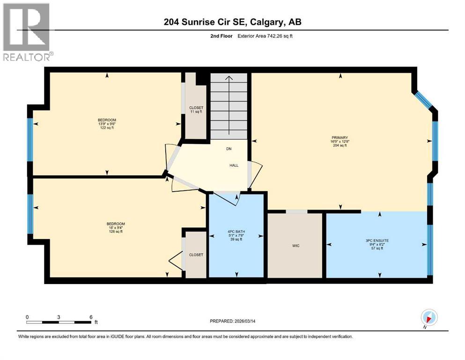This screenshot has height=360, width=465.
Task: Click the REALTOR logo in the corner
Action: click(27, 32)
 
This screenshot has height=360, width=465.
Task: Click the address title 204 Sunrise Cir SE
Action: click(232, 22)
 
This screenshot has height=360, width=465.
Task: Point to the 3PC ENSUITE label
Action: click(377, 244)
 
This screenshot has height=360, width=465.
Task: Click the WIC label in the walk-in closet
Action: click(295, 245)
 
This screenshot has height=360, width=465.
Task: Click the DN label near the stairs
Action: click(229, 149)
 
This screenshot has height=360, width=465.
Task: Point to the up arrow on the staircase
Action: click(229, 81)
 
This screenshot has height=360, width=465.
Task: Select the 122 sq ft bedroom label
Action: click(106, 124)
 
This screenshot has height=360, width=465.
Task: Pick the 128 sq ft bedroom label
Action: click(116, 227)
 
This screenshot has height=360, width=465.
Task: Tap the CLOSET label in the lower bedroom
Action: click(196, 255)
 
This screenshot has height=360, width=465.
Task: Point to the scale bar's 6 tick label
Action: click(91, 316)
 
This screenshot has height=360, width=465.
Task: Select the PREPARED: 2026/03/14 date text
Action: click(233, 321)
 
